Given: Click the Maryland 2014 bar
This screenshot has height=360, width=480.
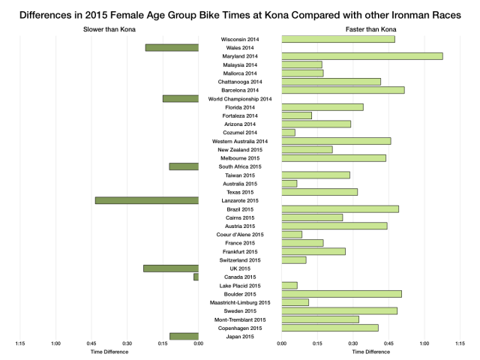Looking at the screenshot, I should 361,56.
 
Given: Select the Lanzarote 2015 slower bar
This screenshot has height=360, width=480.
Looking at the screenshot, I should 147,200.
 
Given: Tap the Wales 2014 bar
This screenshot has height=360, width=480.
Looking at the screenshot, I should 172,48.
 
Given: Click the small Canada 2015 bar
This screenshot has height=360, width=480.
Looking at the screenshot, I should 196,277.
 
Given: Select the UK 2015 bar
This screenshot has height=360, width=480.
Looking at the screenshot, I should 171,268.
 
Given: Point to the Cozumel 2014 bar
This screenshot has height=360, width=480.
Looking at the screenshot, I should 288,133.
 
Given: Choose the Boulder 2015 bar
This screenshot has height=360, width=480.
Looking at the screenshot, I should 341,294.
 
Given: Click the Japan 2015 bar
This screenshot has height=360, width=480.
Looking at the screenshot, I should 184,337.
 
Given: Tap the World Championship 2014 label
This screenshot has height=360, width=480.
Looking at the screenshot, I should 240,99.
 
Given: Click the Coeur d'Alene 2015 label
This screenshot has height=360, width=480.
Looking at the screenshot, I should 240,235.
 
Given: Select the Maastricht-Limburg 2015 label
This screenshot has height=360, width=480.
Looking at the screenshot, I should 240,302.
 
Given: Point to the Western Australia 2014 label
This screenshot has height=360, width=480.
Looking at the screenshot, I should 240,141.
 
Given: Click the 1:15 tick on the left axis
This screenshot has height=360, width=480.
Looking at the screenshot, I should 20,344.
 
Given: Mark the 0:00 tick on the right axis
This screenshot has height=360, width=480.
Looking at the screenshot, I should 281,344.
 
